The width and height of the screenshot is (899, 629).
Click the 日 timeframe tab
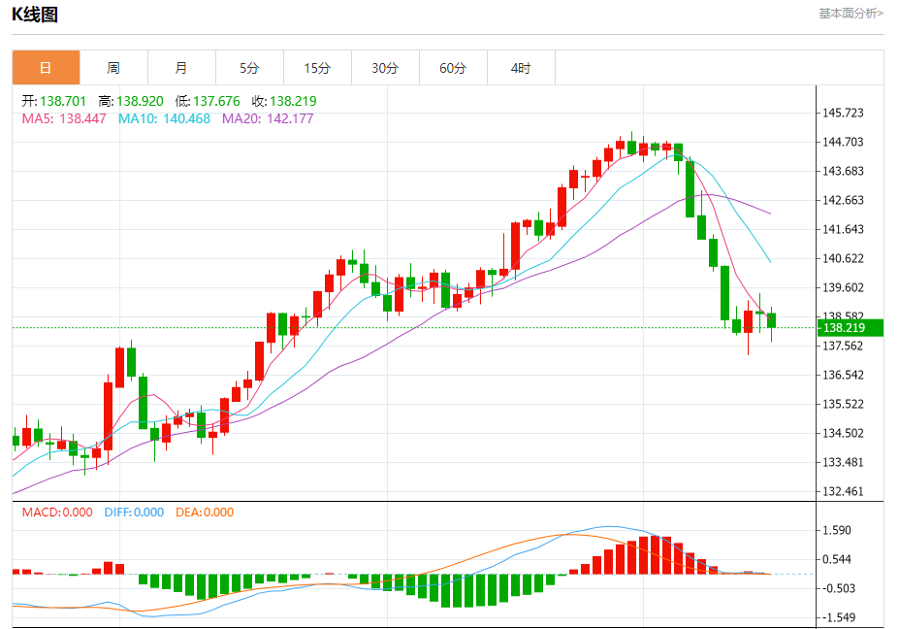pyautogui.click(x=46, y=68)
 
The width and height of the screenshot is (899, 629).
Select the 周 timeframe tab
pyautogui.click(x=113, y=68)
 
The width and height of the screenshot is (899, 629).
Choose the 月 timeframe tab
pyautogui.click(x=181, y=68)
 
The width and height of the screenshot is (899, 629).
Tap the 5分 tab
pyautogui.click(x=249, y=68)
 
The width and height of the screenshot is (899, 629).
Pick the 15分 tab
pyautogui.click(x=317, y=68)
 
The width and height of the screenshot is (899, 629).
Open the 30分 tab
pyautogui.click(x=385, y=68)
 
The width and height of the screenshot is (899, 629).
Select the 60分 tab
pyautogui.click(x=453, y=68)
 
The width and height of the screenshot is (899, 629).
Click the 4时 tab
pyautogui.click(x=521, y=68)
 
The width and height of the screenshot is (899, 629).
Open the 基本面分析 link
pyautogui.click(x=851, y=14)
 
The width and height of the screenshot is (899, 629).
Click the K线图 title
pyautogui.click(x=35, y=14)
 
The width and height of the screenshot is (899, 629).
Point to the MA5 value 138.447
pyautogui.click(x=83, y=118)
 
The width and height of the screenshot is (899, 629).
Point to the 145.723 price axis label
pyautogui.click(x=843, y=113)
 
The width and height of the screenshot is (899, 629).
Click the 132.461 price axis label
pyautogui.click(x=843, y=491)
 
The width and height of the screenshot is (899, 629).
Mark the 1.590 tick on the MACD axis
pyautogui.click(x=837, y=530)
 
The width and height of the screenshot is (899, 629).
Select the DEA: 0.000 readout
pyautogui.click(x=205, y=513)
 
